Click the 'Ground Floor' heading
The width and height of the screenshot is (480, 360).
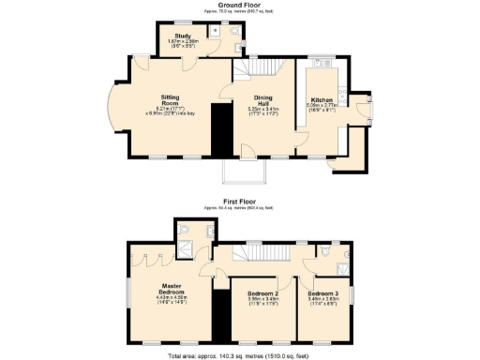pos(239,6)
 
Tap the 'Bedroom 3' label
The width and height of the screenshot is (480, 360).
pos(322,293)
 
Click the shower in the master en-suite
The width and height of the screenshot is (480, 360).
pos(188,249)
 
